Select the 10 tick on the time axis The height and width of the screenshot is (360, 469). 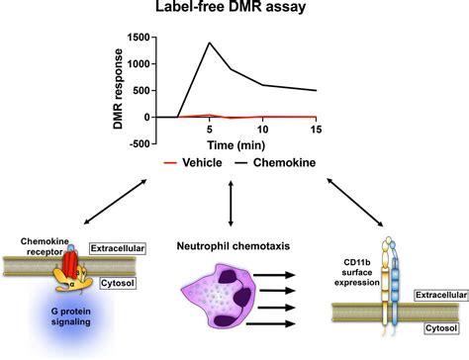(263, 129)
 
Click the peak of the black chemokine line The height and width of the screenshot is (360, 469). (209, 43)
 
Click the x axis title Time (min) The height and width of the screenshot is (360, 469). (235, 142)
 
